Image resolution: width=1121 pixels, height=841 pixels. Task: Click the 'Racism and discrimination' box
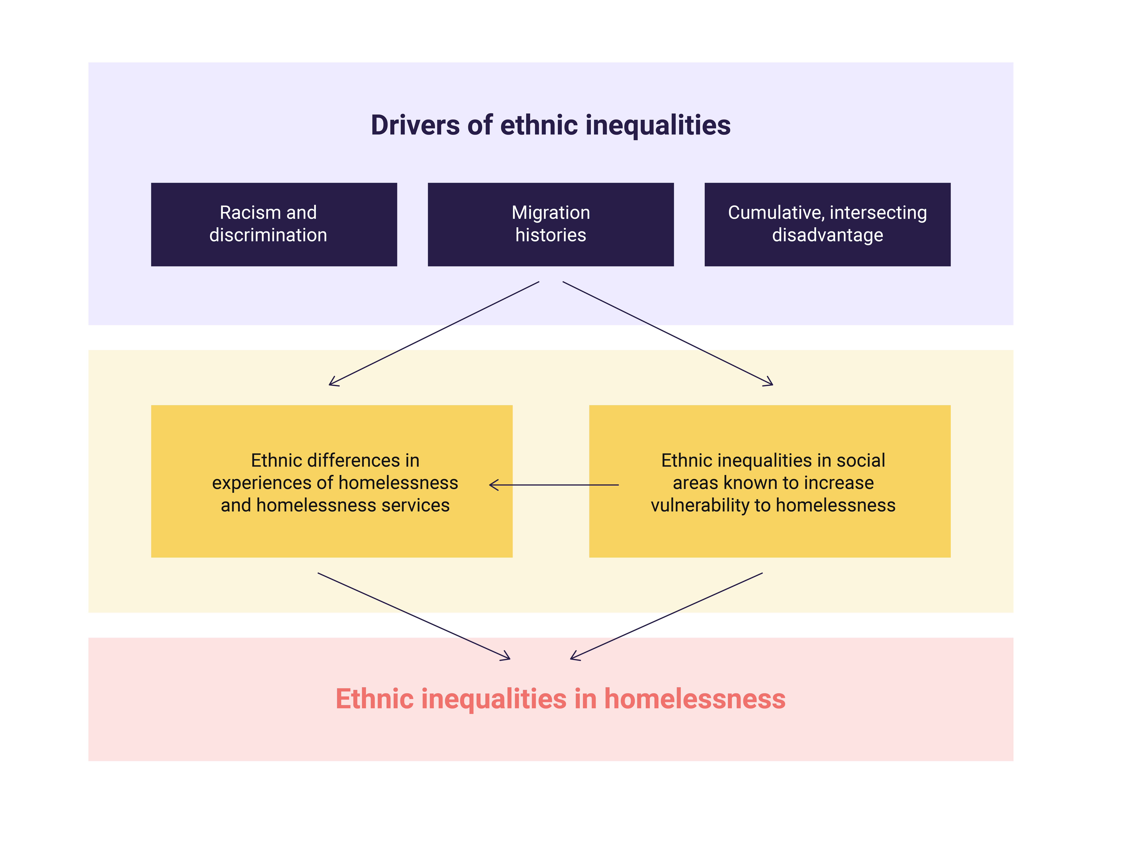[274, 224]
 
